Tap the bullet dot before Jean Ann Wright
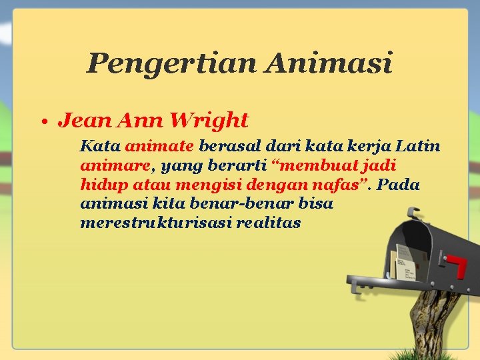click(43, 123)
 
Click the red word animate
click(159, 145)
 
